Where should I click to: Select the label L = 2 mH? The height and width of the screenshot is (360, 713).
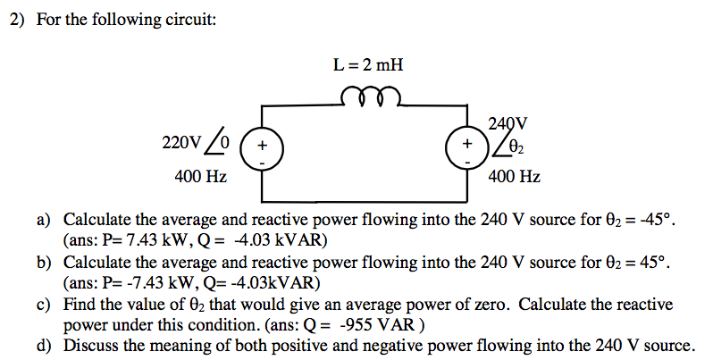pos(367,64)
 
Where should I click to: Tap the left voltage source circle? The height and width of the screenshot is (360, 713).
pos(262,146)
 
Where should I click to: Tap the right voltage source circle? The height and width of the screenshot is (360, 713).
pos(468,146)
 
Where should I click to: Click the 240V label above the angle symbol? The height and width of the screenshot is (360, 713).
pos(508,123)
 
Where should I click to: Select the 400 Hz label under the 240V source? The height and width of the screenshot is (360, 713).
pos(514,177)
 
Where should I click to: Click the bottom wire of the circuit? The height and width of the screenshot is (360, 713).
pos(366,199)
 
